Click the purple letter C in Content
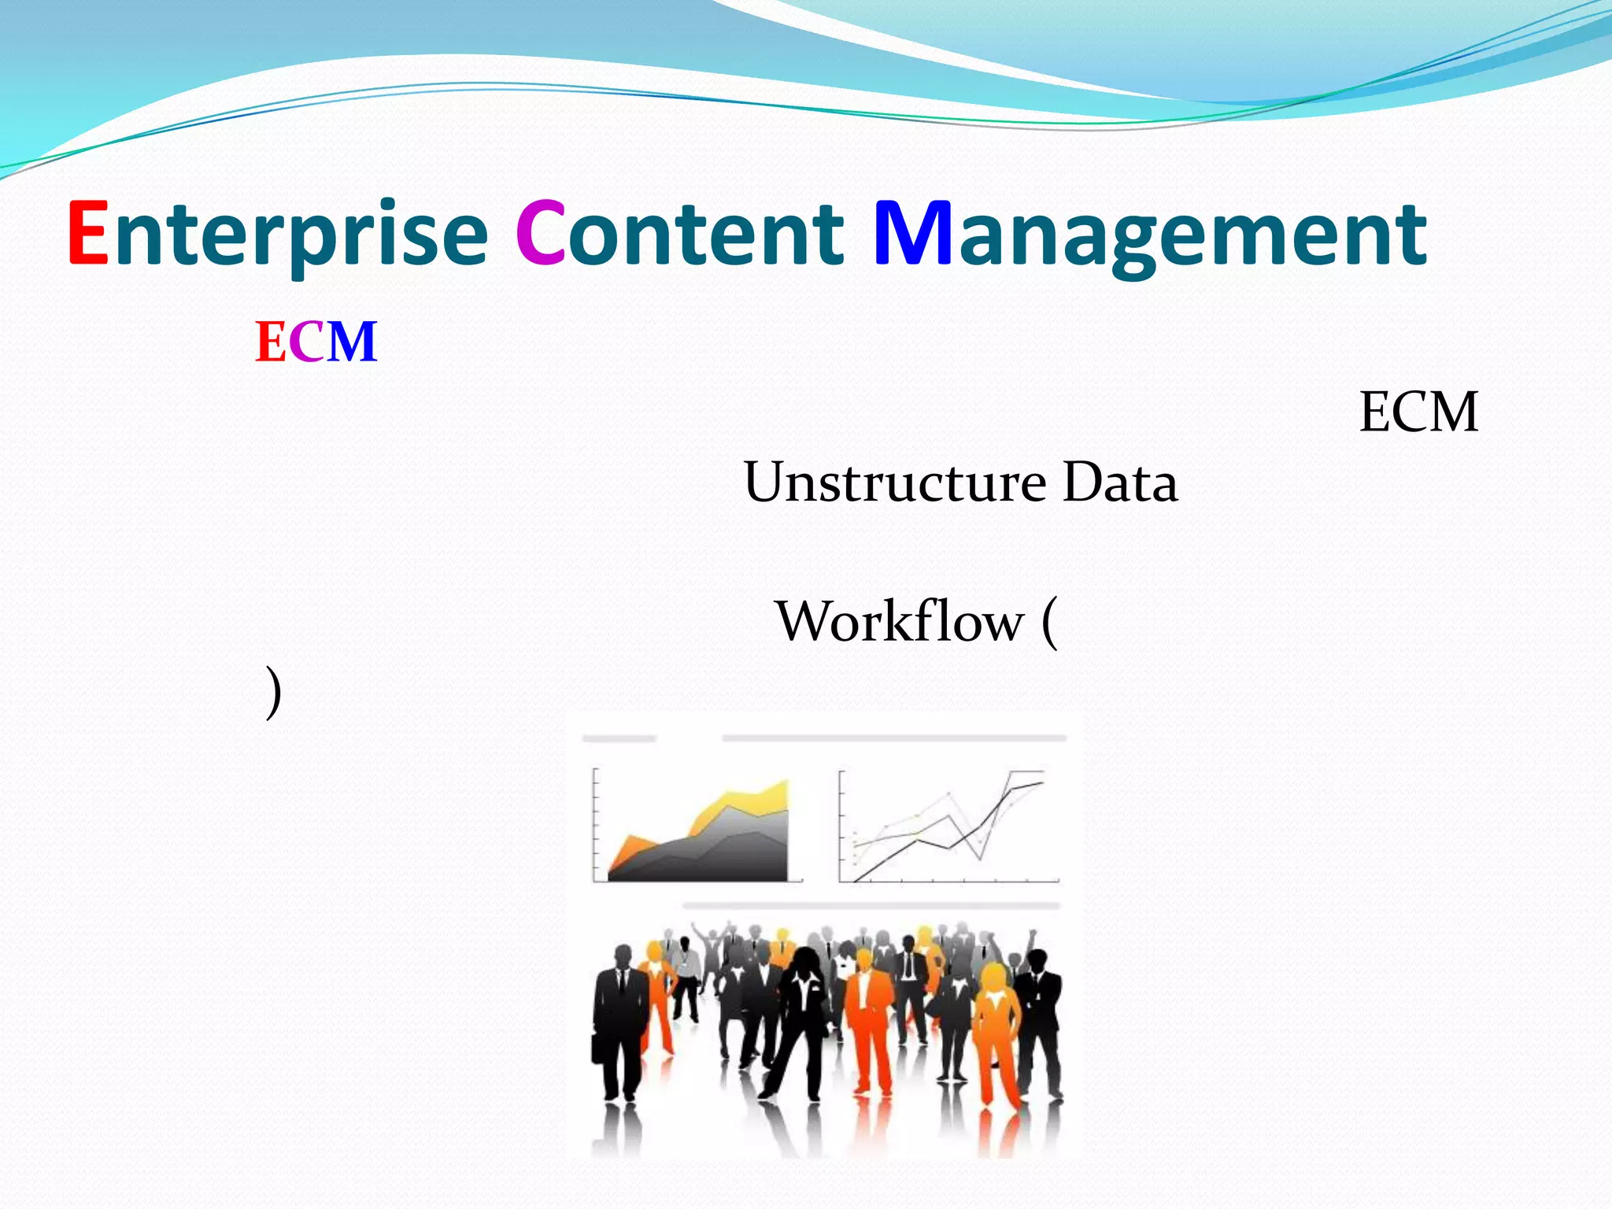(x=540, y=234)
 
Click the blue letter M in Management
(x=913, y=234)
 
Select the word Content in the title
(x=681, y=234)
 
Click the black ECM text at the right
(x=1418, y=412)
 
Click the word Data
(x=1119, y=482)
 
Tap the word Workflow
(x=900, y=622)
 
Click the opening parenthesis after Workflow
(x=1050, y=623)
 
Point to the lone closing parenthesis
(x=272, y=693)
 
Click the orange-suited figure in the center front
(x=866, y=1015)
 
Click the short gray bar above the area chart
(x=619, y=738)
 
